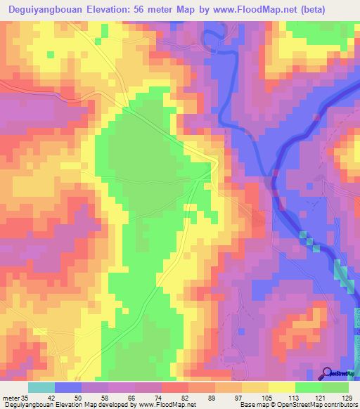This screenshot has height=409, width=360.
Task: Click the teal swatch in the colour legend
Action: click(x=41, y=388)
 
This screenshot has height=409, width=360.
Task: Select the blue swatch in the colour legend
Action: click(x=67, y=388)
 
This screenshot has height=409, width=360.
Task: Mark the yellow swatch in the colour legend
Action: click(x=281, y=388)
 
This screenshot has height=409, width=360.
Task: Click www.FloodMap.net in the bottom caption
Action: click(x=167, y=405)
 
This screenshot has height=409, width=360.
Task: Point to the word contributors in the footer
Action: click(x=340, y=405)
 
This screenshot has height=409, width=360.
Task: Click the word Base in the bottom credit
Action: click(x=246, y=405)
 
